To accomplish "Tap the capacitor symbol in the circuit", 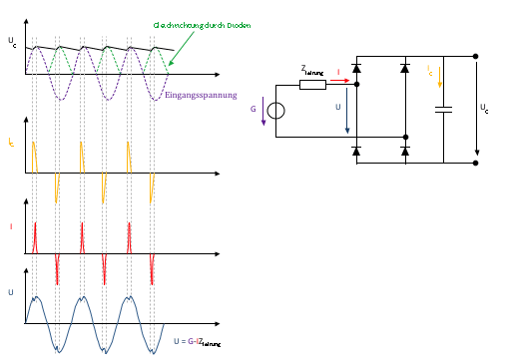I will tap(444, 108).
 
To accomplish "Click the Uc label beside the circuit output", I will tap(484, 107).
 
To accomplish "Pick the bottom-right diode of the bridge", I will tap(404, 151).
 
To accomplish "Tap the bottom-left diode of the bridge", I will tap(356, 151).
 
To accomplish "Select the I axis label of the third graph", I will tap(11, 228).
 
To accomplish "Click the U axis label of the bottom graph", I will tap(12, 292).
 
